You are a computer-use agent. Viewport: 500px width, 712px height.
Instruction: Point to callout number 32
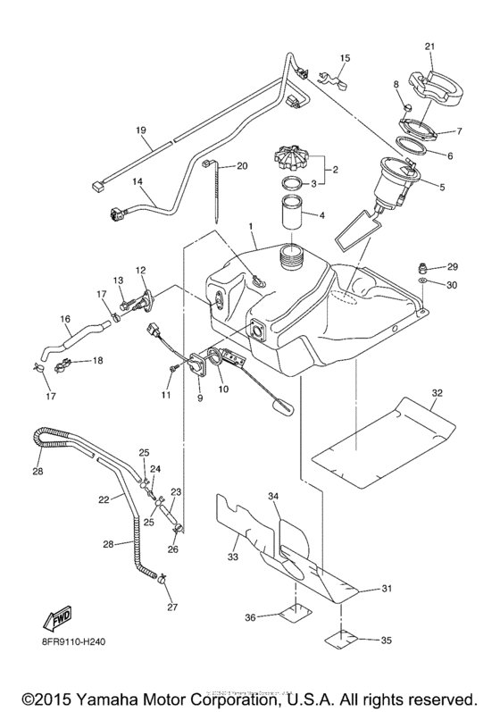point(437,391)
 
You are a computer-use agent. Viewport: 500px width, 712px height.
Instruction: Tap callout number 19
point(141,130)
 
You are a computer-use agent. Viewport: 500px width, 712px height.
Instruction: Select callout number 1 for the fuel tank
point(253,227)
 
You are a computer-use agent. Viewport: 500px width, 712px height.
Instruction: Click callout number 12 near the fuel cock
point(140,270)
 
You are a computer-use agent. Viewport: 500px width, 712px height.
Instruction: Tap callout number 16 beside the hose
point(65,317)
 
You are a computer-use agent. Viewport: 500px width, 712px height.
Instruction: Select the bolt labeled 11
point(171,367)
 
